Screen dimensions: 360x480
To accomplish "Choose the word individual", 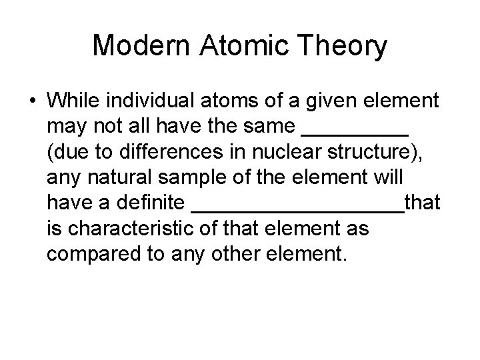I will point(149,101).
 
